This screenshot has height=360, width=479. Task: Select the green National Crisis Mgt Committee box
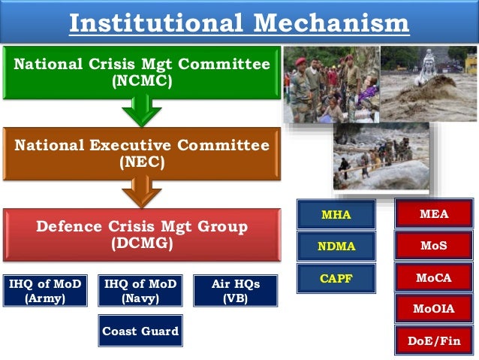point(141,73)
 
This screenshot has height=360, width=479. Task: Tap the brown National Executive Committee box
point(141,154)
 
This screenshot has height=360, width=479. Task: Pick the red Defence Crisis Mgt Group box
point(141,234)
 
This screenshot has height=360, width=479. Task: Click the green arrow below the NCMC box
point(141,112)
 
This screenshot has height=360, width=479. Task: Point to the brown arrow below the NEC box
point(141,192)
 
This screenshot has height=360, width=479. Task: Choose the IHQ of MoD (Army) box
point(45,291)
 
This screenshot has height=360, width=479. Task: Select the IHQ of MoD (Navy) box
point(140,291)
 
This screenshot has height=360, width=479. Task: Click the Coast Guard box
point(140,331)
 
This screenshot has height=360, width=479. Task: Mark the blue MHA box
point(336,215)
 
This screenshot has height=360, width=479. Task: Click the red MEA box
point(434,214)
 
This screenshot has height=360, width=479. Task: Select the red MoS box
point(434,246)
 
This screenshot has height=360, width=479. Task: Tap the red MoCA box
point(434,277)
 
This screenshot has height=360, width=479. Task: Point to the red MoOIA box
point(434,308)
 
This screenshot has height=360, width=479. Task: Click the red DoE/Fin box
point(434,340)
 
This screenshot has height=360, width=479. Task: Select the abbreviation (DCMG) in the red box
point(141,244)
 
